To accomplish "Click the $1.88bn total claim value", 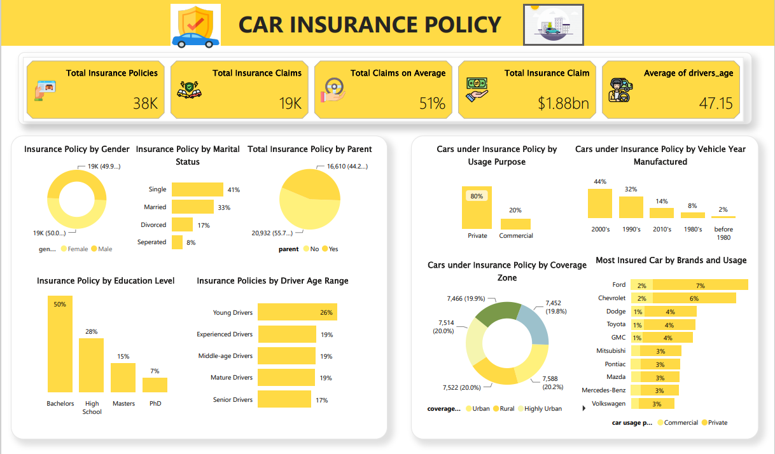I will click(563, 103).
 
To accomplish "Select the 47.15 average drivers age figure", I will click(716, 103).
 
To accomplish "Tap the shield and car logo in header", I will click(196, 25).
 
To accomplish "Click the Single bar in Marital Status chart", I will click(197, 189).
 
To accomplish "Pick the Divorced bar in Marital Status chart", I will click(182, 224).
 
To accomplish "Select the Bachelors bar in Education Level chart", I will click(60, 343).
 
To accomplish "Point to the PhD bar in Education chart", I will click(155, 385).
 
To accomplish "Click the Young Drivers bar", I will click(297, 312).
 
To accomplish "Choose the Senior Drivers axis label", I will click(233, 400).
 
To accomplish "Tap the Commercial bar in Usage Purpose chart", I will click(515, 224).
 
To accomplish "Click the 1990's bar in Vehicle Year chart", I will click(631, 207).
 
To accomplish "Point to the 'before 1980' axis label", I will click(723, 233).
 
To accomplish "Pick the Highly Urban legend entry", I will click(543, 409).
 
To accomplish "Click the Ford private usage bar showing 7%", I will click(700, 285).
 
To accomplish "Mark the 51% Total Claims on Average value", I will click(432, 103).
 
